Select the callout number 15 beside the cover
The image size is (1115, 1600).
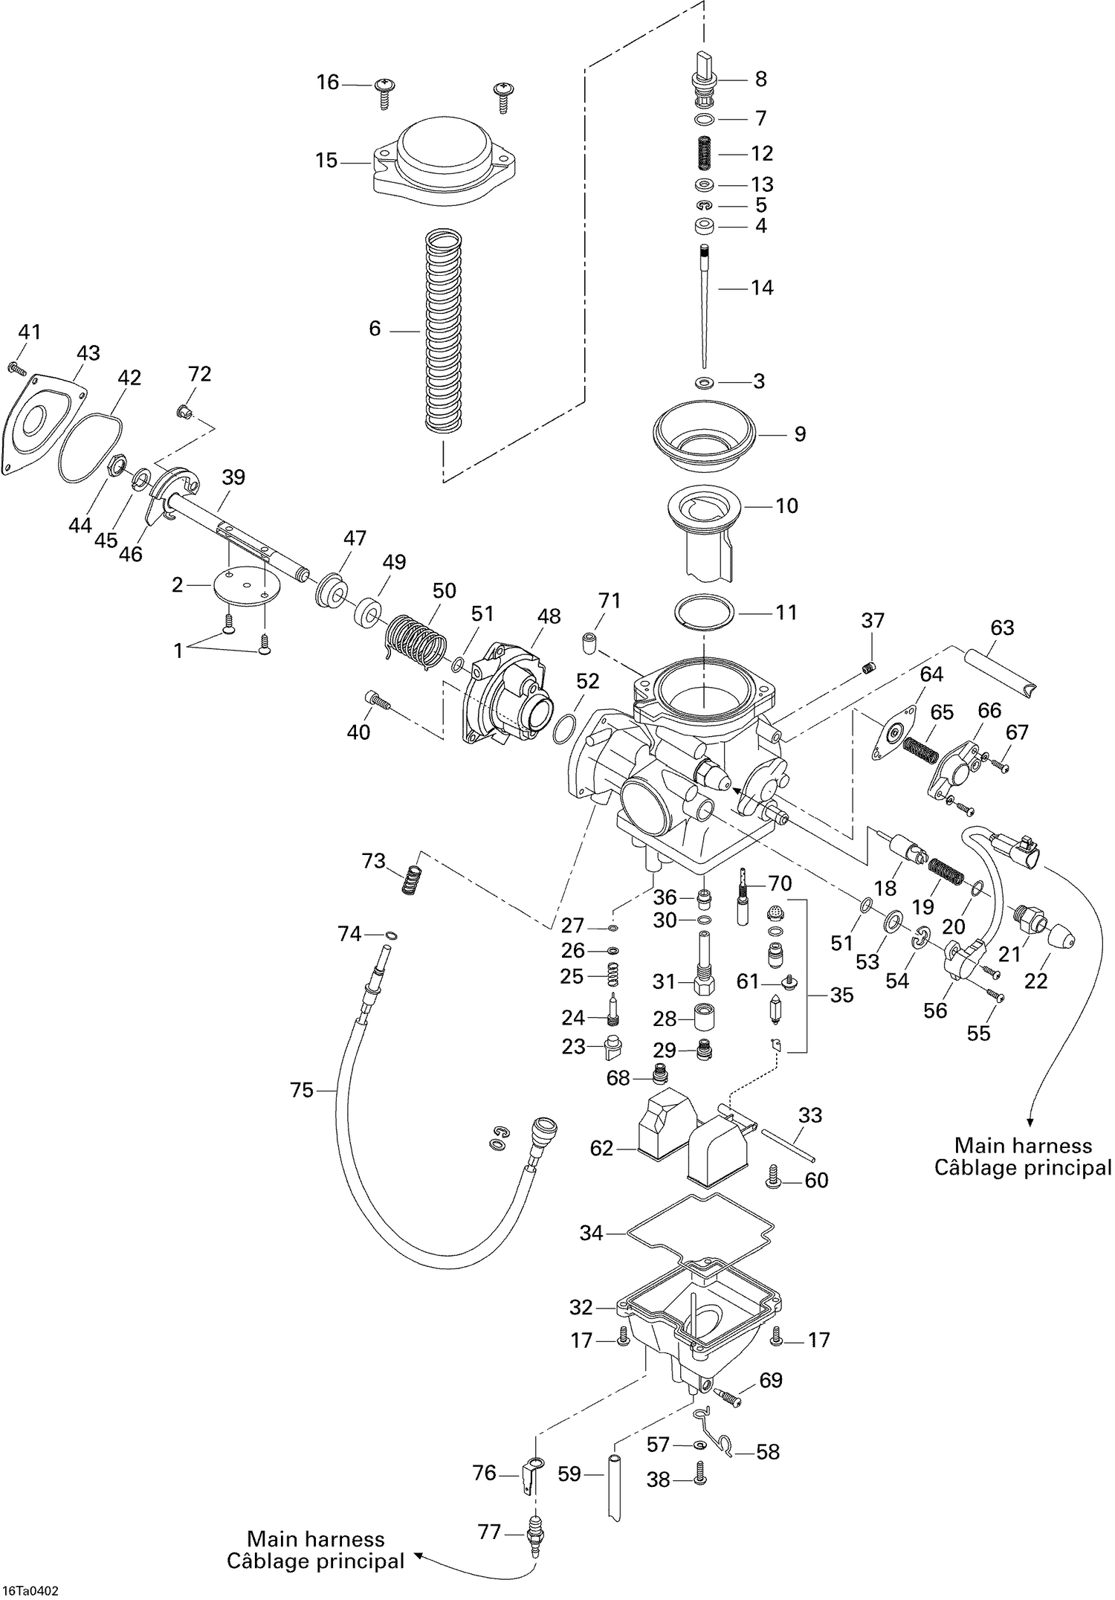click(326, 161)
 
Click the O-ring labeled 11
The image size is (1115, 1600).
click(705, 611)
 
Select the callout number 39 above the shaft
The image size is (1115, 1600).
click(233, 477)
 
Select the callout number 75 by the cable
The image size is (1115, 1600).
click(302, 1091)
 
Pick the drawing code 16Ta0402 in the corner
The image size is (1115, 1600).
click(30, 1591)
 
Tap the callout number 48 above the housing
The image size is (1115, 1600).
click(549, 616)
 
